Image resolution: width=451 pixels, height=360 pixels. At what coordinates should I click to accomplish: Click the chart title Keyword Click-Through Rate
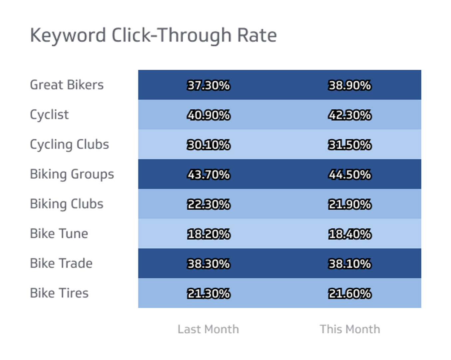(153, 35)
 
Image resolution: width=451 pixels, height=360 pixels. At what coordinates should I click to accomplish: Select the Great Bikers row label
(67, 85)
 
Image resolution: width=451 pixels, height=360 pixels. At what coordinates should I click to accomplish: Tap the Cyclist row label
(49, 115)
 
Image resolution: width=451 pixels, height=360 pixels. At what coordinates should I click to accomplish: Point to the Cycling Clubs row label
(69, 144)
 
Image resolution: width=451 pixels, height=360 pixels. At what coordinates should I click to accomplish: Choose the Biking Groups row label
(72, 174)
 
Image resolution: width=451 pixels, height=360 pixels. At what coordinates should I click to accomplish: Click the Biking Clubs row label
(67, 204)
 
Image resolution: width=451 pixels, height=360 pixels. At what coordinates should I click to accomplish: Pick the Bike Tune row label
(59, 234)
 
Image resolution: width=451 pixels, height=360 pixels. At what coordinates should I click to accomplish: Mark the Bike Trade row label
(61, 263)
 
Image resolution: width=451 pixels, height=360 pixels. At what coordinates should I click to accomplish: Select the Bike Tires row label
(59, 293)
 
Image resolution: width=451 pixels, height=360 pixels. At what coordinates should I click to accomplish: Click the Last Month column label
(208, 329)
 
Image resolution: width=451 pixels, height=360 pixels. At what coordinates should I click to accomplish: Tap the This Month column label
(350, 329)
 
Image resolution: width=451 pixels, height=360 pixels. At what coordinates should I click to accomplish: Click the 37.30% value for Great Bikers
(209, 86)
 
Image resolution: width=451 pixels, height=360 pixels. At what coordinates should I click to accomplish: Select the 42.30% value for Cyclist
(350, 115)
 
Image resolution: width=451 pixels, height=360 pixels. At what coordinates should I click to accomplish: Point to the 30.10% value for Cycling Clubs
(209, 145)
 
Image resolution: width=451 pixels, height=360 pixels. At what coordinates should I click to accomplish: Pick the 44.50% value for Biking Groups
(350, 175)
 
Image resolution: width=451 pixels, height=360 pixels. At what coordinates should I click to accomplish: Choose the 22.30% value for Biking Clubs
(209, 204)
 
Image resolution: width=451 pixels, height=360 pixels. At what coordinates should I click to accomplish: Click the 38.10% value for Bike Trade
(350, 264)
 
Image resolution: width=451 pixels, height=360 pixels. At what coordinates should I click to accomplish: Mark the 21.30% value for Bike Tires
(209, 294)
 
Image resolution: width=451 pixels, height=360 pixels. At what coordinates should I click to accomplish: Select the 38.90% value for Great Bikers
(350, 86)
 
